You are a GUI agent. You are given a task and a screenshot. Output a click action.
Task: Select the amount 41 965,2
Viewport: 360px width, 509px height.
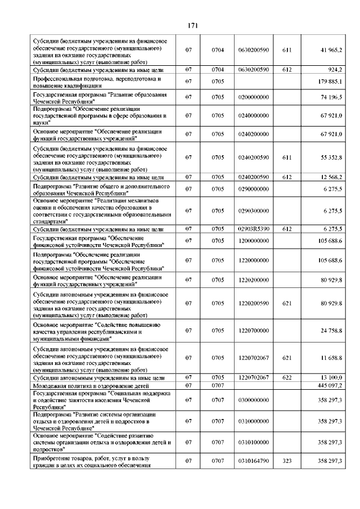tap(331, 50)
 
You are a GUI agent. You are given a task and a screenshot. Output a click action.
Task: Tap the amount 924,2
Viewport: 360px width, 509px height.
tap(336, 69)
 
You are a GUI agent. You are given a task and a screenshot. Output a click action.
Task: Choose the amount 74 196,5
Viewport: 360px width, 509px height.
tap(332, 97)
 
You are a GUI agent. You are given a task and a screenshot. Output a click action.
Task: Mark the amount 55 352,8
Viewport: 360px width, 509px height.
tap(332, 159)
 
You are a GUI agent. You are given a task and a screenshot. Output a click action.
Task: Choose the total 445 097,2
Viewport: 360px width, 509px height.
tap(331, 385)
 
